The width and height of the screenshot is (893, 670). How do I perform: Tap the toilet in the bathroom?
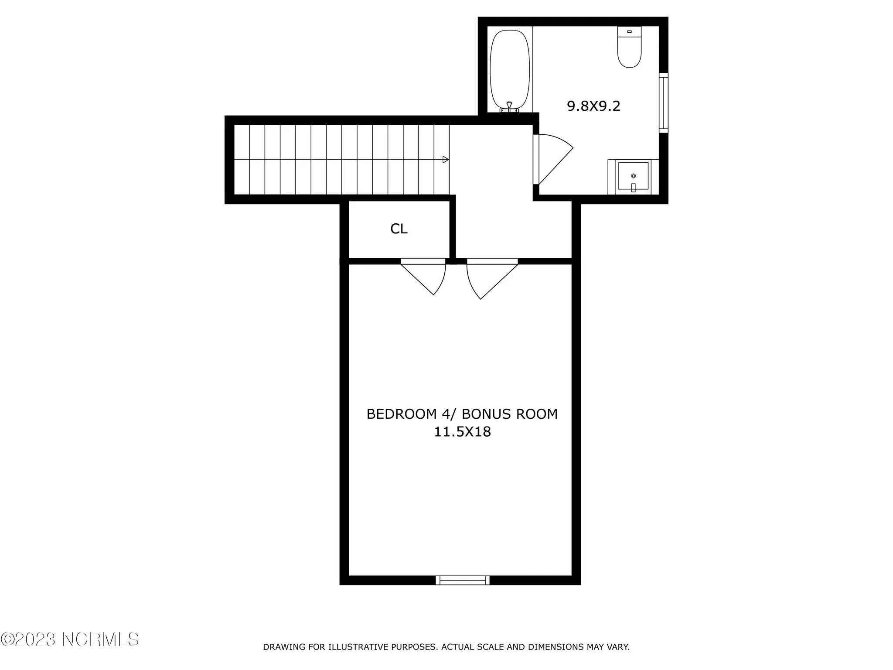[629, 52]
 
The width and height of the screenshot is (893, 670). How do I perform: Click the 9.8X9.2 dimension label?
[593, 106]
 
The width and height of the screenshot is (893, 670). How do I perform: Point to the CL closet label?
[399, 229]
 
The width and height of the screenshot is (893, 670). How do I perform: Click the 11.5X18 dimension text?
[462, 432]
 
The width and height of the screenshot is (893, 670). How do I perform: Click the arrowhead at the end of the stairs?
[445, 160]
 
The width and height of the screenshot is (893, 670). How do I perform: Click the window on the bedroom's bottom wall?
[462, 580]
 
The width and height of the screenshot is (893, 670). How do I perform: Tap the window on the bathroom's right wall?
[663, 103]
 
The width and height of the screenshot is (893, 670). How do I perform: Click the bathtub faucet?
[509, 106]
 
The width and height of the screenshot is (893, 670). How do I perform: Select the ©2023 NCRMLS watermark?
[70, 639]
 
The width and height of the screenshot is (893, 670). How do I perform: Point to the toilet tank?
[629, 32]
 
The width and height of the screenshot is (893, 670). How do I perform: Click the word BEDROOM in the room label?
[395, 414]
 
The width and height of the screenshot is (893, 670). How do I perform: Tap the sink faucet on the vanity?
[633, 188]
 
